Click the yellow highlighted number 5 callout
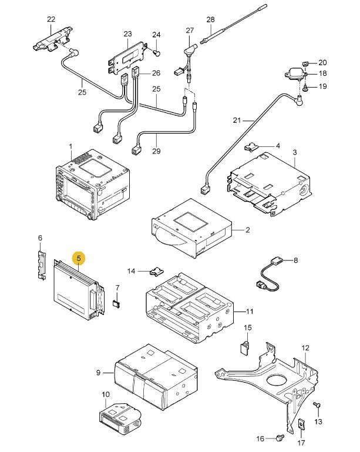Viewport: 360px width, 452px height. pos(79,257)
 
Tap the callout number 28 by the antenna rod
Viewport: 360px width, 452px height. pos(210,19)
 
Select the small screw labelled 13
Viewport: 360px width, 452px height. pos(317,405)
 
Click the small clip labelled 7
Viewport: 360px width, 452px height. pos(116,303)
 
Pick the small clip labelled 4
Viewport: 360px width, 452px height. pos(251,148)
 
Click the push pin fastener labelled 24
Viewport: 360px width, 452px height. pos(157,53)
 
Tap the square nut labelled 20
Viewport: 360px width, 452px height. pos(306,63)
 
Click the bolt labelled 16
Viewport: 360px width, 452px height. pos(280,437)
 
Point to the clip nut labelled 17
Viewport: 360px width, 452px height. pos(301,424)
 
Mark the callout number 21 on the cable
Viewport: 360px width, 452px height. pos(237,120)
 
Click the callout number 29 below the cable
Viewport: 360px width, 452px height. pos(156,150)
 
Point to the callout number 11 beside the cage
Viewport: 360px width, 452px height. pos(250,312)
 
